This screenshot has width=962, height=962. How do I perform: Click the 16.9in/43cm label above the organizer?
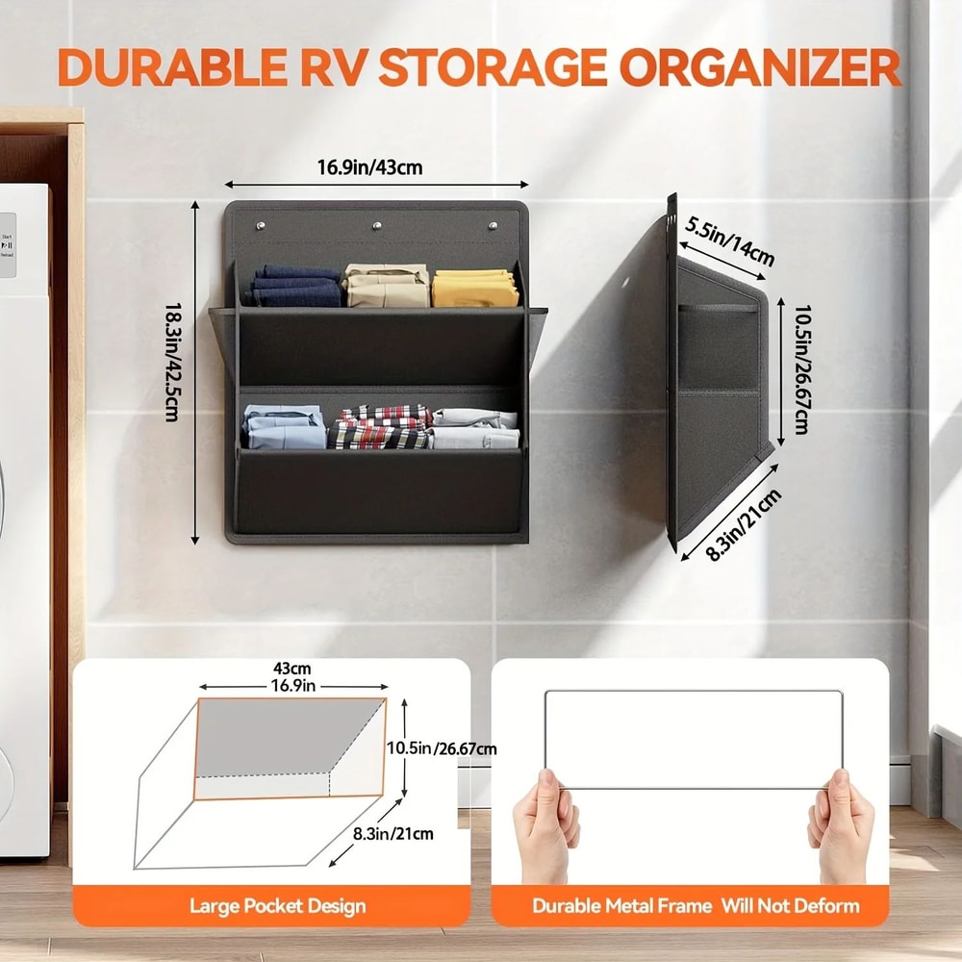pyautogui.click(x=370, y=168)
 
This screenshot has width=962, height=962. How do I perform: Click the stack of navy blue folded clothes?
pyautogui.click(x=296, y=286)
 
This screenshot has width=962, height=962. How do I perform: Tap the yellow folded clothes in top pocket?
pyautogui.click(x=475, y=288)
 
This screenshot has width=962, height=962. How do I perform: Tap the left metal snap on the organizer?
pyautogui.click(x=261, y=227)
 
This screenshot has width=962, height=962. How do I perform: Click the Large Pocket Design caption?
pyautogui.click(x=277, y=905)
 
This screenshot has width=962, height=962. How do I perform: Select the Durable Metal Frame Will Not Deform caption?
pyautogui.click(x=696, y=905)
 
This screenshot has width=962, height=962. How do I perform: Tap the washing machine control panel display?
pyautogui.click(x=8, y=244)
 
